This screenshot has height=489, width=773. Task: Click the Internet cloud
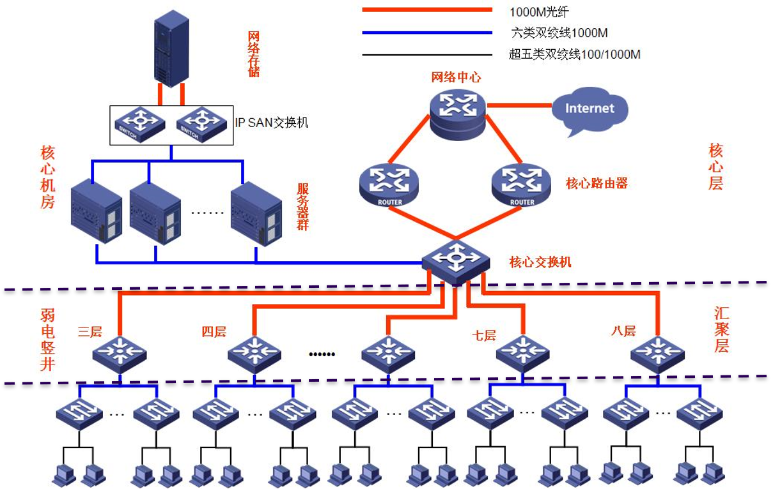590,110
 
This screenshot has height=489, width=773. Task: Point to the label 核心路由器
597,184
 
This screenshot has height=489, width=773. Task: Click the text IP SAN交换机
272,123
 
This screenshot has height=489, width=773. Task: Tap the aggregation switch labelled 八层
657,352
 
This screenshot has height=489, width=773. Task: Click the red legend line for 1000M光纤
426,10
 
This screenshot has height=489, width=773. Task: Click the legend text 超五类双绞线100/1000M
574,55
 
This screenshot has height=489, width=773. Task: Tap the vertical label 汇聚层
721,330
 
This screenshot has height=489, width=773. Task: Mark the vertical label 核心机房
48,177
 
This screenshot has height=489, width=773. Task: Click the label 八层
623,331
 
